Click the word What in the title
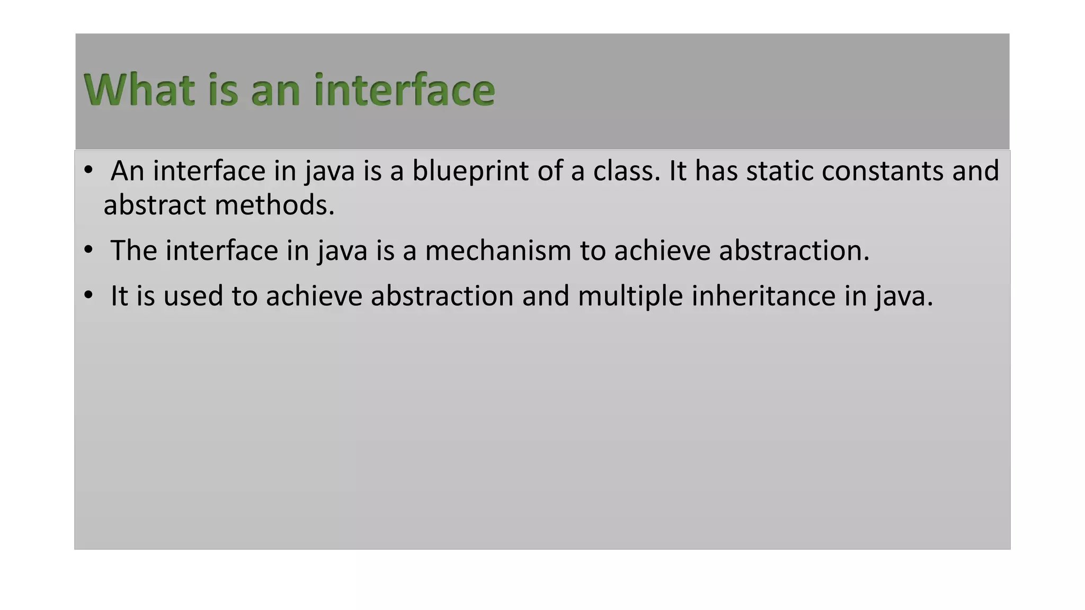(139, 90)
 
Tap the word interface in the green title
(404, 90)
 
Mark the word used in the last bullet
(193, 295)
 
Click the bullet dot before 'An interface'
(88, 171)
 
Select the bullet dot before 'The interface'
(88, 249)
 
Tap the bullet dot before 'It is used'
(88, 294)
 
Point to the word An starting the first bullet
(127, 172)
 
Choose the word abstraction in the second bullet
(794, 250)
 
